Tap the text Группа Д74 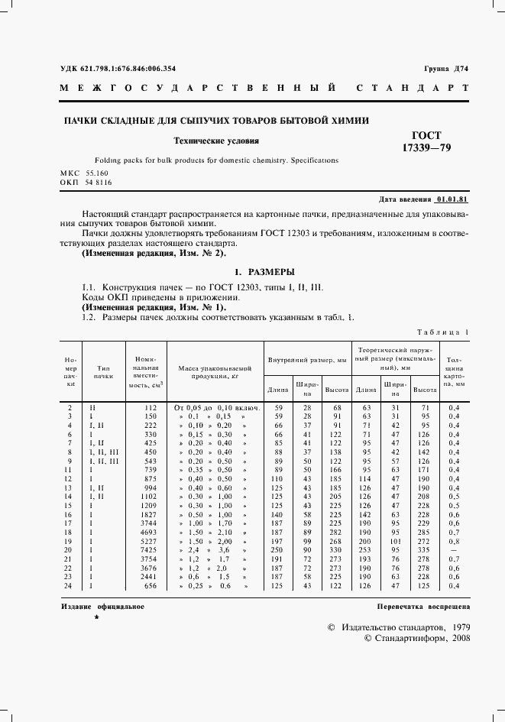446,69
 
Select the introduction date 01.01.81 452,198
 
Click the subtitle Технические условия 216,141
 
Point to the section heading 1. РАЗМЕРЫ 264,272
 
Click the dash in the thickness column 455,549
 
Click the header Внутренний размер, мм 306,359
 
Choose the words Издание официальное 102,606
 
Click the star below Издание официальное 95,617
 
